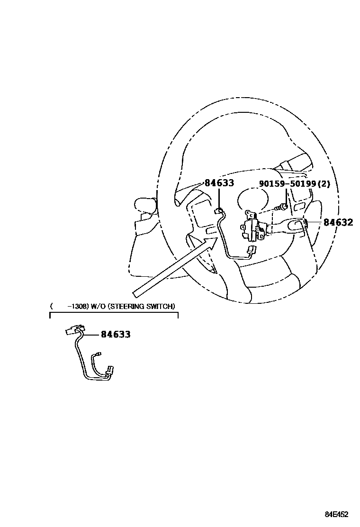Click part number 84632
coord(338,222)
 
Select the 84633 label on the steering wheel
coord(219,183)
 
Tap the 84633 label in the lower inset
coord(116,334)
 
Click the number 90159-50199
coord(284,183)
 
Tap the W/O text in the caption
coord(99,306)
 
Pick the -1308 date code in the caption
coord(76,306)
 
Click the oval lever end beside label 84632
coord(297,226)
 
